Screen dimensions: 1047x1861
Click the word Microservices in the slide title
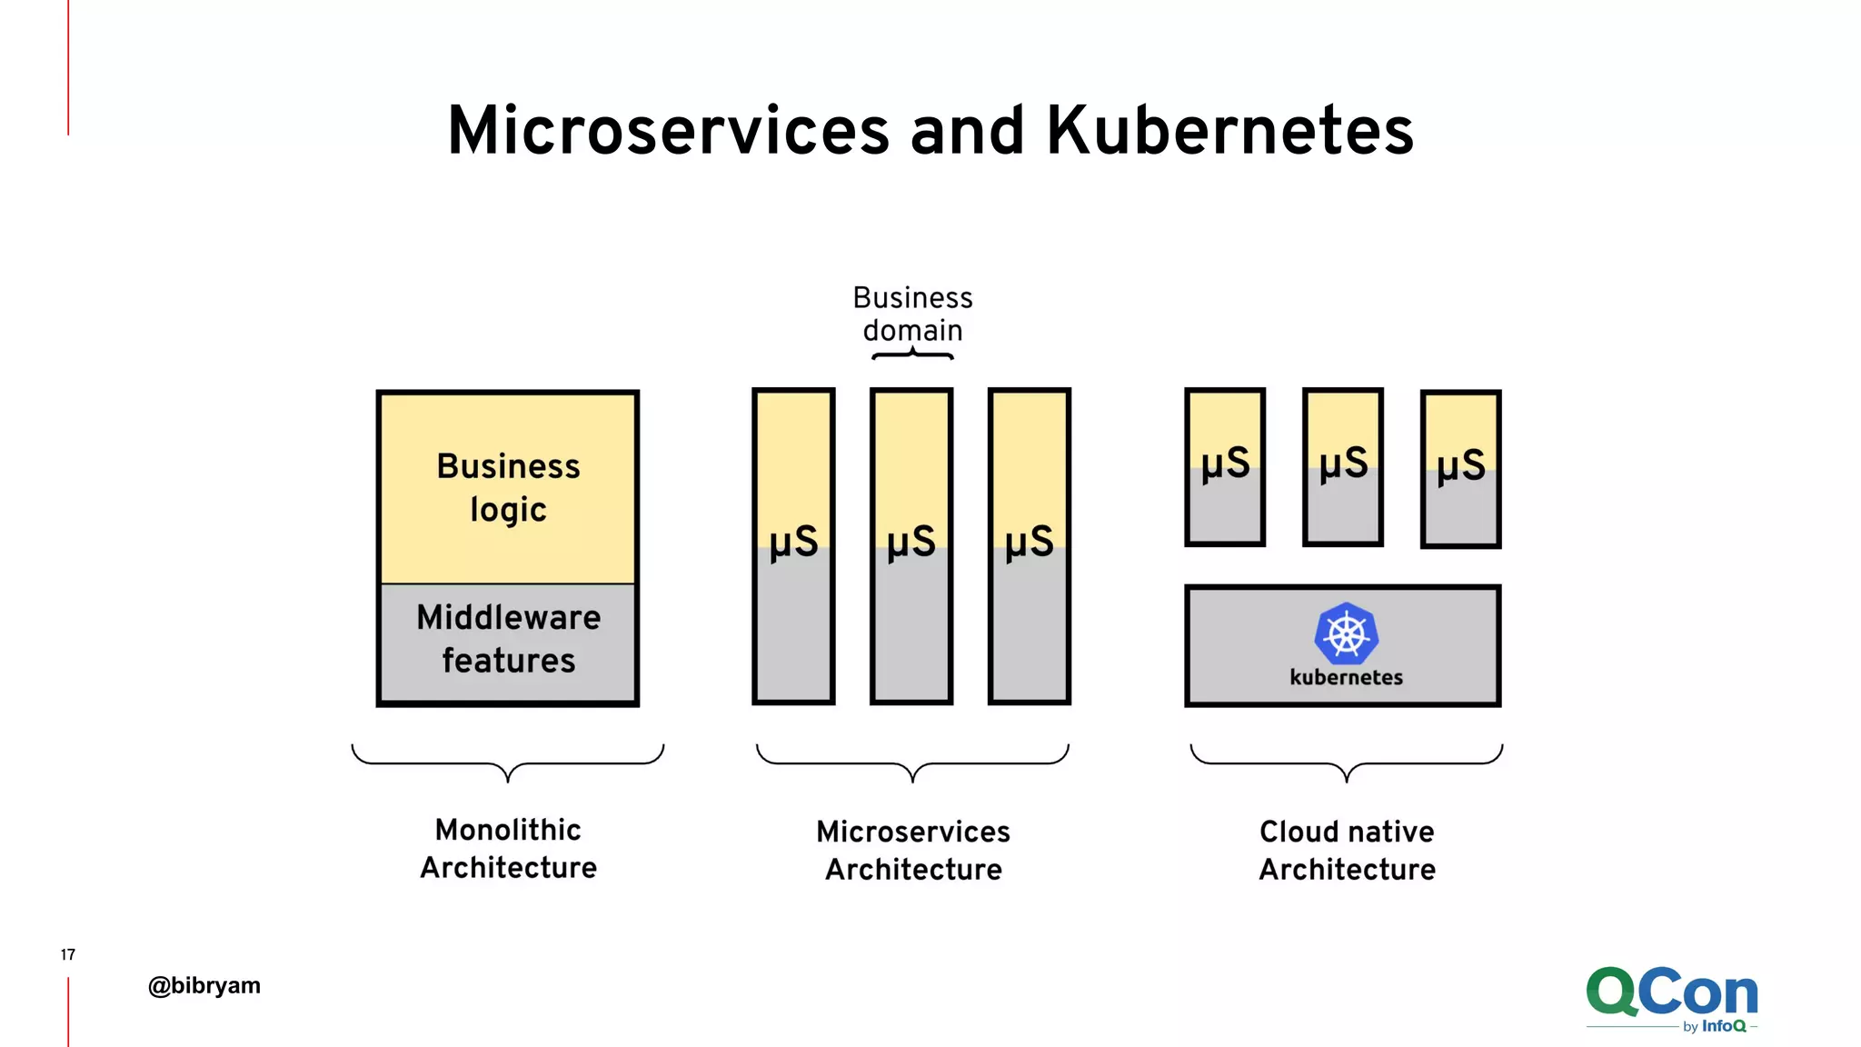coord(668,130)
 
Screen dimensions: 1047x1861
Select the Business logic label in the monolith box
coord(508,487)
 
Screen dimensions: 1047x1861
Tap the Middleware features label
coord(508,638)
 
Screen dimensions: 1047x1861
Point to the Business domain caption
coord(912,314)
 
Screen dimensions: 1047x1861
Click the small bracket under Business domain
coord(912,355)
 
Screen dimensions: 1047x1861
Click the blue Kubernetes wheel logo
coord(1346,633)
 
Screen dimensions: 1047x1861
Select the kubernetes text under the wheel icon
coord(1346,677)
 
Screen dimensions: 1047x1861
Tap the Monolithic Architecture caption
coord(508,848)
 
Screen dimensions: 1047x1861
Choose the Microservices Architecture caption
coord(913,850)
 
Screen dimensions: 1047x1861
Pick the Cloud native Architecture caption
coord(1347,850)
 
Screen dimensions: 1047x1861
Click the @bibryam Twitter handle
coord(204,985)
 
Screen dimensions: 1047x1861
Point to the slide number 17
coord(68,954)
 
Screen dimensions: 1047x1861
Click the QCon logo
coord(1671,992)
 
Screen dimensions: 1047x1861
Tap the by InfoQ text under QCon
coord(1714,1026)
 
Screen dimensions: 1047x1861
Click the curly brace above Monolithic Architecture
coord(508,763)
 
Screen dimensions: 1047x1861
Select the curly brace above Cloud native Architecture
coord(1347,763)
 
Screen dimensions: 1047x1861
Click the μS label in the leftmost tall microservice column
coord(793,542)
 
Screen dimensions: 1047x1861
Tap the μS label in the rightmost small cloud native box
coord(1461,465)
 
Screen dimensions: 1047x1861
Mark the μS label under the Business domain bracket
coord(911,542)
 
